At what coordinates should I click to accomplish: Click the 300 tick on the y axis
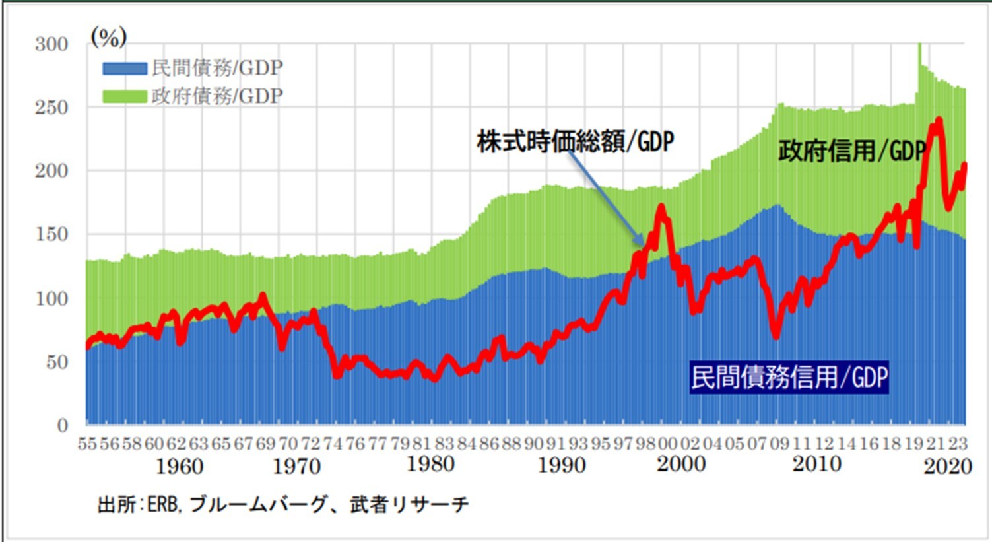pos(51,44)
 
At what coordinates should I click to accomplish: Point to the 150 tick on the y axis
pos(51,235)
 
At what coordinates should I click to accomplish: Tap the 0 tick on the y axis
pos(63,425)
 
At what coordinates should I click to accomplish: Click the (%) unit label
pos(108,38)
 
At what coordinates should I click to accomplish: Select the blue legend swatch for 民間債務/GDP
pos(124,68)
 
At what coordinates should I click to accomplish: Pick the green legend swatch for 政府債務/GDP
pos(124,96)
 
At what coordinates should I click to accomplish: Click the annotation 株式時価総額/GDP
pos(575,141)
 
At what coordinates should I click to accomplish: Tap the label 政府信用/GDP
pos(851,151)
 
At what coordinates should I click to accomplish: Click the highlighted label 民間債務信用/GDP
pos(789,378)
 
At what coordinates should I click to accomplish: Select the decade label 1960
pos(179,467)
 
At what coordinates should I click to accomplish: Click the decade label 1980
pos(430,464)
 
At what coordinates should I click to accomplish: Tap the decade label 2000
pos(681,464)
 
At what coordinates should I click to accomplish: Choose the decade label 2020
pos(948,467)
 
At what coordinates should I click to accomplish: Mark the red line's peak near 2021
pos(938,121)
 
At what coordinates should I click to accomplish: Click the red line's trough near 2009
pos(776,336)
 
